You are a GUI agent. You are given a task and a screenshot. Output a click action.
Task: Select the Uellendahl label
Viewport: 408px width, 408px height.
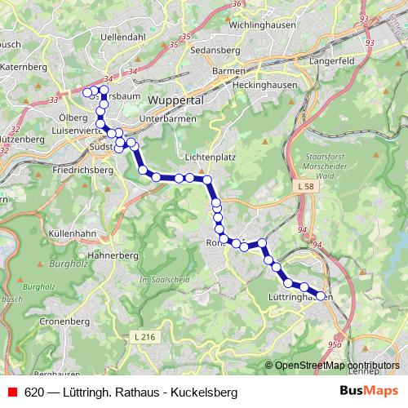pos(122,38)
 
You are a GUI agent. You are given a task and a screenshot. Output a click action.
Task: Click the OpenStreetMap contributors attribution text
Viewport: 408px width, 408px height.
pos(337,365)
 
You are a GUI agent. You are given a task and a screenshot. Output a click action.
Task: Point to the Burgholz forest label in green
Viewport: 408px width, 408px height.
pos(68,264)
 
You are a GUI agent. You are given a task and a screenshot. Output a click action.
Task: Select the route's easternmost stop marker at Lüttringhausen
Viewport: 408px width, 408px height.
pos(320,295)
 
